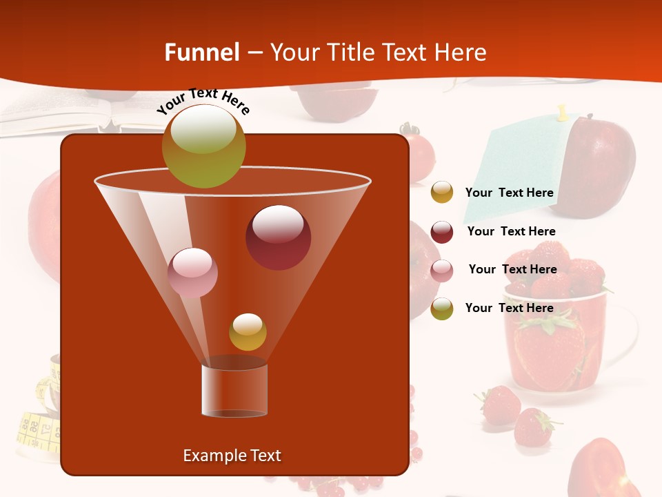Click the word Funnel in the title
click(201, 52)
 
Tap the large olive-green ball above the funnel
click(204, 146)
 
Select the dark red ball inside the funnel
click(279, 237)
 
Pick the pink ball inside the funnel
click(192, 273)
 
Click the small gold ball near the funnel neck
click(248, 332)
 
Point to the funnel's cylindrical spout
click(234, 390)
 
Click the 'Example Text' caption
click(232, 456)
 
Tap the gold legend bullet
click(442, 193)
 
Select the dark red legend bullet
click(442, 232)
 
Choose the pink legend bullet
click(442, 271)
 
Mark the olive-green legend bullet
click(442, 309)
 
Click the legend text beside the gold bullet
click(510, 193)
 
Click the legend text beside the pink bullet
click(513, 270)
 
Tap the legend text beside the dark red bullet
click(512, 231)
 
